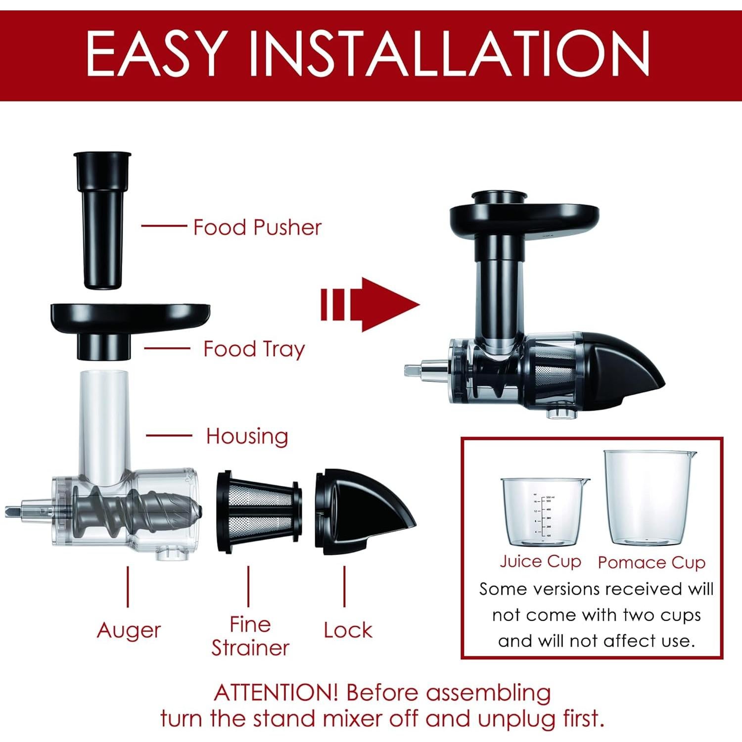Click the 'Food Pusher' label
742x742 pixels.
coord(257,227)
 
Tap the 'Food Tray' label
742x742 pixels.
coord(254,349)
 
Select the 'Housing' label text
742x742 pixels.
coord(247,436)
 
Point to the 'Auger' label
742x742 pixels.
coord(129,630)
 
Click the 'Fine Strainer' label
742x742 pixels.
coord(250,636)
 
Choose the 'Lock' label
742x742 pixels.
coord(348,630)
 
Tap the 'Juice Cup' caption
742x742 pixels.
coord(540,562)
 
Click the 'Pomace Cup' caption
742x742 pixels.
coord(651,562)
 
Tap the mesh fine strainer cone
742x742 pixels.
coord(259,511)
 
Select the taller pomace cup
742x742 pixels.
coord(649,497)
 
